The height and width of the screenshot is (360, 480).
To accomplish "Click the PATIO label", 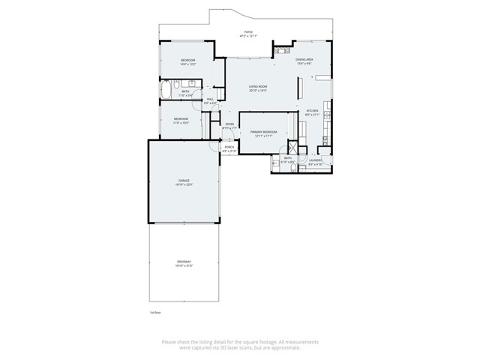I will click(247, 32).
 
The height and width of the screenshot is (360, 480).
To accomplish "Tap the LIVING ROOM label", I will click(259, 87).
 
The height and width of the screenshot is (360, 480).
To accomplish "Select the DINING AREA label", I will click(304, 59).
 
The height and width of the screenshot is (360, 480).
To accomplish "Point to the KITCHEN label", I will click(313, 111).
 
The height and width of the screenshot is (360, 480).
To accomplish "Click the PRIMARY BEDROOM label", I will click(264, 132).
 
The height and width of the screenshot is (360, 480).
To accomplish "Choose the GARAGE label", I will click(184, 180).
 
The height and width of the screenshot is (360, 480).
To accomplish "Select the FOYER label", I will click(229, 124).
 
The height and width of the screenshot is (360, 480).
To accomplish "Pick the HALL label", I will click(211, 98).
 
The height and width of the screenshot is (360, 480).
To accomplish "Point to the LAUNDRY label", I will click(315, 159).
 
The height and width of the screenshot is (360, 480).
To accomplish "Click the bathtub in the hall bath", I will click(166, 92).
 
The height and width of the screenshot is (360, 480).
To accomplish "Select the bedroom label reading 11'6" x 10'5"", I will click(181, 122).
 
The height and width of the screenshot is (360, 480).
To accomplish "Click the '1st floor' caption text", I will click(156, 312).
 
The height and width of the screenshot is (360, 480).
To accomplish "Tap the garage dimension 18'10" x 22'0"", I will click(184, 184).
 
